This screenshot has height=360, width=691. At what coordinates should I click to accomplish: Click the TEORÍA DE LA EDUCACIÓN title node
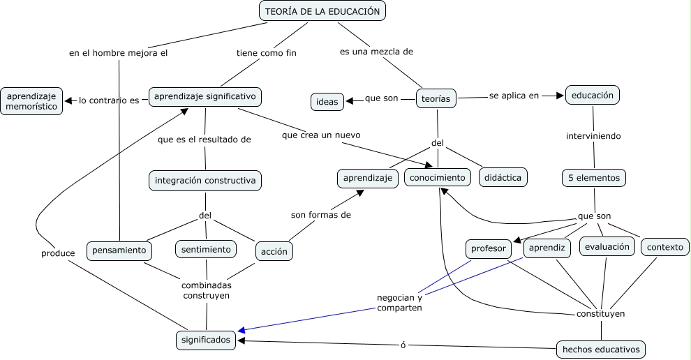pos(322,11)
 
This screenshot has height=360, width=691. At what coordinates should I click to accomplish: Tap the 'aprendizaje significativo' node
pos(205,96)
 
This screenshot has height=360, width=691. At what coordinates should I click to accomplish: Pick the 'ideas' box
pos(327,102)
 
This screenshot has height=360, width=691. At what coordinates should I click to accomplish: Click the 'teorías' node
pos(437,99)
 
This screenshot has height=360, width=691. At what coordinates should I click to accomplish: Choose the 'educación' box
pos(593,95)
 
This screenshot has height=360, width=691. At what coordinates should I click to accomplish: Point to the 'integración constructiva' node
pos(205,181)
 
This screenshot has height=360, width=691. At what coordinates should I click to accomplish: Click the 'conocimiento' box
pos(437,178)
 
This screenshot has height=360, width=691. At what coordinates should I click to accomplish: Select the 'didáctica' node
pos(503,178)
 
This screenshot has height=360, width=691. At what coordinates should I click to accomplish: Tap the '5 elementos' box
pos(593,178)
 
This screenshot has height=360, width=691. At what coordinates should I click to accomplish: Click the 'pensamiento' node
pos(119,250)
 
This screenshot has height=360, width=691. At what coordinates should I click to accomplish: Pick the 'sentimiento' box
pos(206,249)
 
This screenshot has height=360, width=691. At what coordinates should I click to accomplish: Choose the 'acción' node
pos(274,251)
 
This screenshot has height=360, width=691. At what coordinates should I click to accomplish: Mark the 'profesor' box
pos(489,248)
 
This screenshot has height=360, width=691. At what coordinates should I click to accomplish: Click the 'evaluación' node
pos(607,246)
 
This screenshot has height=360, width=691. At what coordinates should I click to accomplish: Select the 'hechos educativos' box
pos(600,349)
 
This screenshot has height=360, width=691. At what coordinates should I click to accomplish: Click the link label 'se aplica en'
pos(514,96)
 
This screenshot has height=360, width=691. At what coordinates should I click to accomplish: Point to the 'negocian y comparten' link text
pos(400,302)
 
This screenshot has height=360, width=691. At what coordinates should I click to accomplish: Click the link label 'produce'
pos(58,253)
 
